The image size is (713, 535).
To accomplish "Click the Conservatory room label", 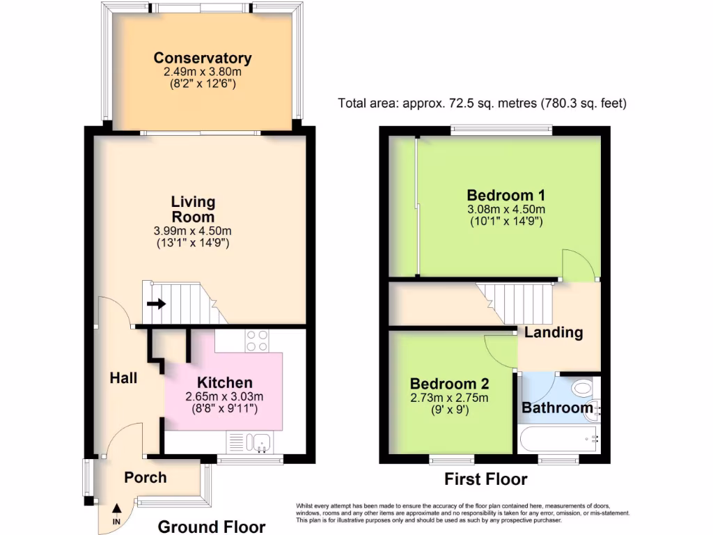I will pyautogui.click(x=203, y=59).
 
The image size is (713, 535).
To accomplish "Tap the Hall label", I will pyautogui.click(x=123, y=378).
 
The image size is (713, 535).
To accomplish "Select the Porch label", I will pyautogui.click(x=145, y=477).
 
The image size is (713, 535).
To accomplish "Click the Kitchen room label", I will pyautogui.click(x=224, y=382).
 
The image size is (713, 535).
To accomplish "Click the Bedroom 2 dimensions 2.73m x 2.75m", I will pyautogui.click(x=449, y=398).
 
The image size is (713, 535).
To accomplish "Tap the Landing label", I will pyautogui.click(x=554, y=332).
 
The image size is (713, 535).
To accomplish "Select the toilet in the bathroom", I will pyautogui.click(x=581, y=388).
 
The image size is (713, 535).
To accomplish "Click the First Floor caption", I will pyautogui.click(x=485, y=479).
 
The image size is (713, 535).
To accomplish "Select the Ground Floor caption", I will pyautogui.click(x=212, y=527).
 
